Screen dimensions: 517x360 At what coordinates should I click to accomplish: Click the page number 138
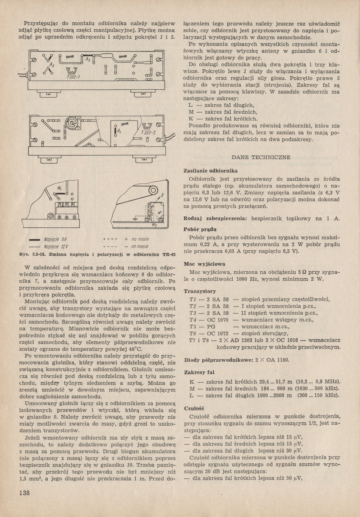click(x=24, y=493)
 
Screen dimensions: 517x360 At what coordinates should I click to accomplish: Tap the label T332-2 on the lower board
click(x=149, y=133)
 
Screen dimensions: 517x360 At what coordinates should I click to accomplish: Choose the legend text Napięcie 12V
click(x=56, y=246)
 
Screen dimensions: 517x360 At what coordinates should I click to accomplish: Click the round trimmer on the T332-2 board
click(x=72, y=123)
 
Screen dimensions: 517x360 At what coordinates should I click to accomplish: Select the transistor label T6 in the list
click(x=193, y=333)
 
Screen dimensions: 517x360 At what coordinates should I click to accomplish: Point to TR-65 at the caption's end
click(x=168, y=254)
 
